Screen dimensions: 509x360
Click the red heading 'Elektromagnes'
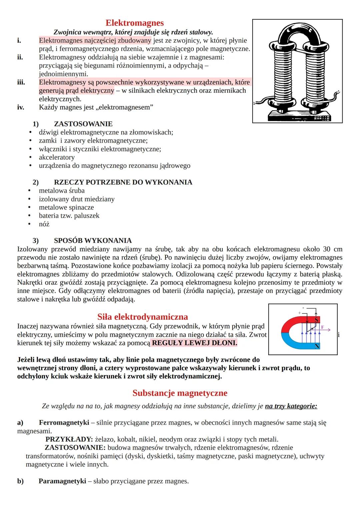coord(134,23)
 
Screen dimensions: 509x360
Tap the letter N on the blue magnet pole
coord(317,346)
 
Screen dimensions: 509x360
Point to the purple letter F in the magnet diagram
coord(322,327)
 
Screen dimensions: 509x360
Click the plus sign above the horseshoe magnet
coord(299,313)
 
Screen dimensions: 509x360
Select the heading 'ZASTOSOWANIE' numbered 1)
coord(83,124)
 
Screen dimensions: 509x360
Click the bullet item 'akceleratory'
coord(57,157)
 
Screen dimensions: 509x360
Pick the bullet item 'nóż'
coord(44,224)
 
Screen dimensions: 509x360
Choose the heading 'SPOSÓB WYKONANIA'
coord(93,241)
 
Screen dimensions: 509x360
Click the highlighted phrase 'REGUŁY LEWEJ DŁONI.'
coord(194,343)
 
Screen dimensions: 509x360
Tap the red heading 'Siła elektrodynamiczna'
coord(143,317)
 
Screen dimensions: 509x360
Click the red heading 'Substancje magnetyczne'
coord(180,393)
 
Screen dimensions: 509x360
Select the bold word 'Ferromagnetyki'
coord(64,423)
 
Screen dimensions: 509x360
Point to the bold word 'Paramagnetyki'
coord(62,481)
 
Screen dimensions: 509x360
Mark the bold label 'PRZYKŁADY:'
coord(69,439)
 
